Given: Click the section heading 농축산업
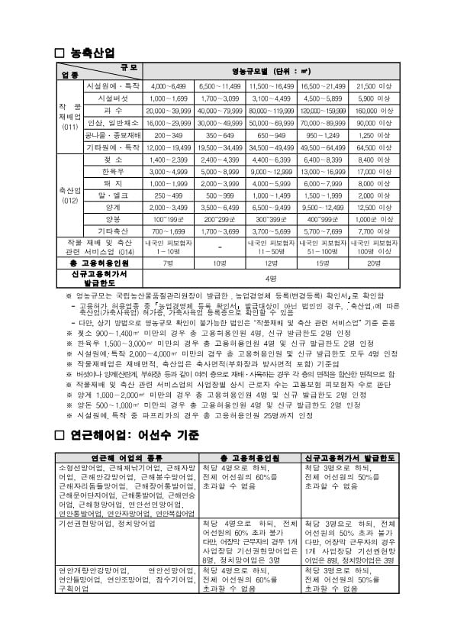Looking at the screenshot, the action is (x=92, y=53).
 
